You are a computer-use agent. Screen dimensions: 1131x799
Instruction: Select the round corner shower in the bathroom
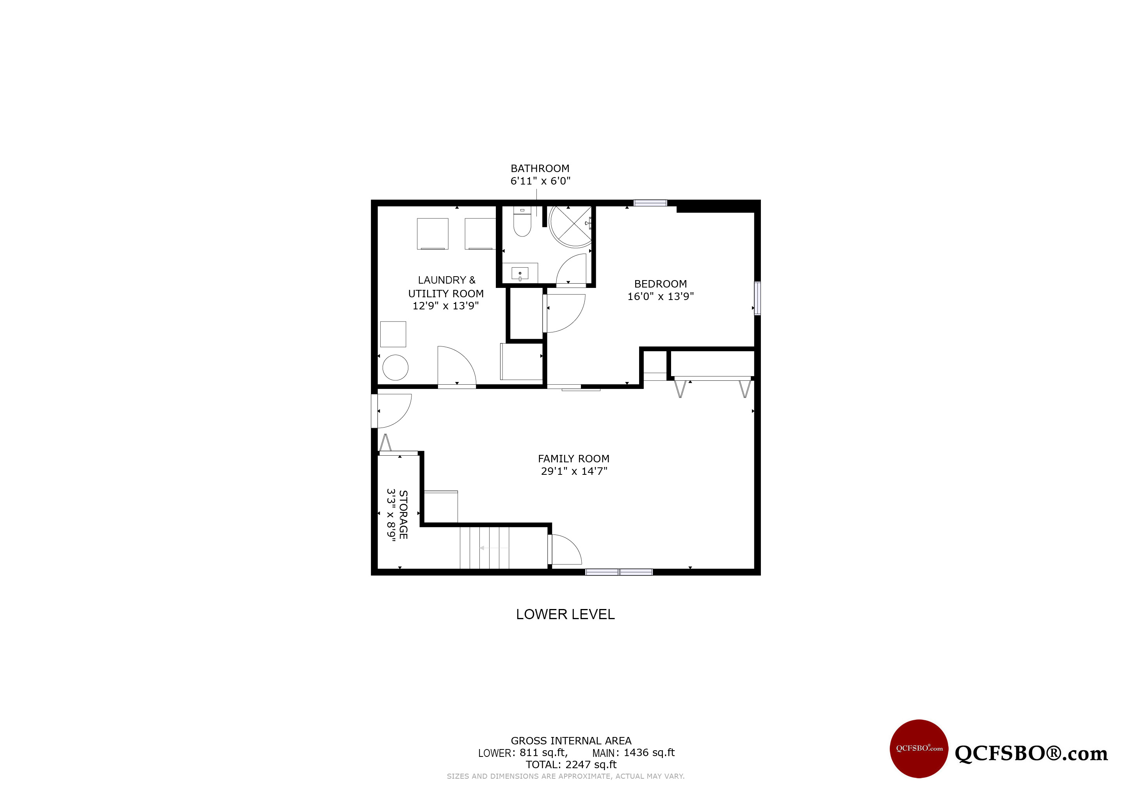[x=570, y=226]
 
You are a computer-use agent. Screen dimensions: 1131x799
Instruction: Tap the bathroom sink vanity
[x=520, y=273]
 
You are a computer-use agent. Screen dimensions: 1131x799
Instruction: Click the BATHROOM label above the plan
[x=540, y=169]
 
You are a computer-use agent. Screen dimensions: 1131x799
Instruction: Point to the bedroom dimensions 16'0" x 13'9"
[x=661, y=297]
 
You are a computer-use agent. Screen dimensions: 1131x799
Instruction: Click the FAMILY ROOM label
[x=574, y=459]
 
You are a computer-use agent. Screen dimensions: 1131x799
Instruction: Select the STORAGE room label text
[x=403, y=515]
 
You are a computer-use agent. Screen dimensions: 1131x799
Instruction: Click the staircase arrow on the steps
[x=494, y=548]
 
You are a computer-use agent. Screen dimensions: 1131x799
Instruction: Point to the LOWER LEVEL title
[x=565, y=614]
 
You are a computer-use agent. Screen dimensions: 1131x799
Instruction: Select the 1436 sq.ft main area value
[x=649, y=753]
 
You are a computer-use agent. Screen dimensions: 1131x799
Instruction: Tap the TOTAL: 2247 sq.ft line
[x=571, y=765]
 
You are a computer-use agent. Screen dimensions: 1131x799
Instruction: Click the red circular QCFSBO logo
[x=919, y=749]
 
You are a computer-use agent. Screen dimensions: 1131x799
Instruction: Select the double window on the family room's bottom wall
[x=619, y=572]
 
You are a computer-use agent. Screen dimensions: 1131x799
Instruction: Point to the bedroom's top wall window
[x=650, y=203]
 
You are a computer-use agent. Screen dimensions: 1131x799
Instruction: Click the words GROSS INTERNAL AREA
[x=571, y=741]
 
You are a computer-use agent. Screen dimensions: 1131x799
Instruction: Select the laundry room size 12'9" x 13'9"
[x=445, y=306]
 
